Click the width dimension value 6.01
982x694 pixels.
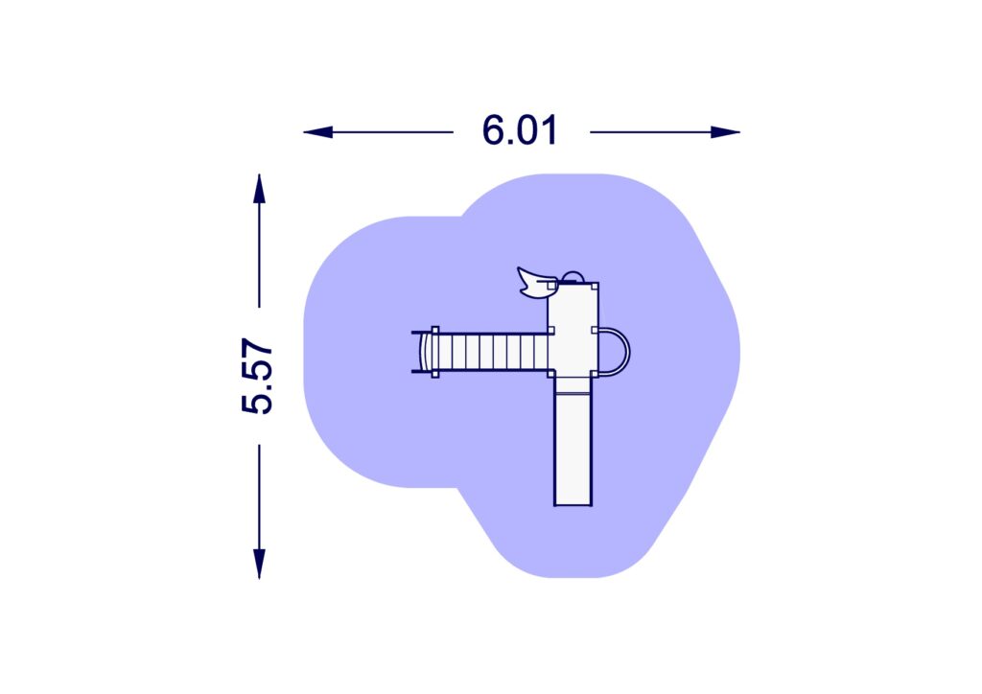click(519, 130)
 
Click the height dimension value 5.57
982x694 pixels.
click(257, 376)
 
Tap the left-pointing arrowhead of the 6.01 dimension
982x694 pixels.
click(318, 132)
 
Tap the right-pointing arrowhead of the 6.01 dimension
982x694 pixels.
click(725, 132)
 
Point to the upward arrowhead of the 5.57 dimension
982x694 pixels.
click(259, 189)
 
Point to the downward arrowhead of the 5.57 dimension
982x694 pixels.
click(259, 564)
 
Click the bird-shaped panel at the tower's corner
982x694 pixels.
click(535, 282)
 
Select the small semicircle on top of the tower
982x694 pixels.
click(573, 277)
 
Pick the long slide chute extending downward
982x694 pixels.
click(573, 450)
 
